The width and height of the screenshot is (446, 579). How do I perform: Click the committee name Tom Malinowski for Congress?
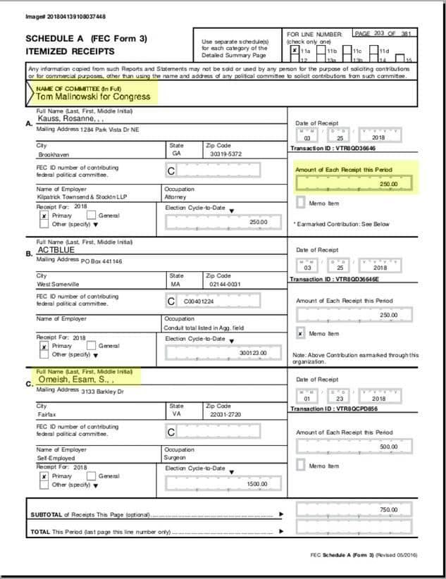[94, 96]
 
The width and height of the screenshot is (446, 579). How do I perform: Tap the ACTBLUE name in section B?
[56, 249]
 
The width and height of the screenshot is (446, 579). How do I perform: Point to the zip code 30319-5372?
[225, 153]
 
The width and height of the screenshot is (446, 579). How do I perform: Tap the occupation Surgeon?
[175, 457]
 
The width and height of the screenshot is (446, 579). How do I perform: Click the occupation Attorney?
[176, 199]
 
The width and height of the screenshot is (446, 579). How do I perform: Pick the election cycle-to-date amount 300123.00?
[254, 353]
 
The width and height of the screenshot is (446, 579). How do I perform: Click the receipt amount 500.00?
[388, 447]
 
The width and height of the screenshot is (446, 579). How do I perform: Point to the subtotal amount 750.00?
[388, 509]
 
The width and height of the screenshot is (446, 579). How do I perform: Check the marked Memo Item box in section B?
[301, 333]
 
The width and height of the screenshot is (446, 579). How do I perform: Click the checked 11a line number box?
[295, 51]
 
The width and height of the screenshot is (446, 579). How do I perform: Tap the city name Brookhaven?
[54, 153]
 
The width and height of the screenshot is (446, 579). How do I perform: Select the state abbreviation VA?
[175, 415]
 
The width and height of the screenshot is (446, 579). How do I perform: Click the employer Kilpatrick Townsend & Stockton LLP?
[81, 199]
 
